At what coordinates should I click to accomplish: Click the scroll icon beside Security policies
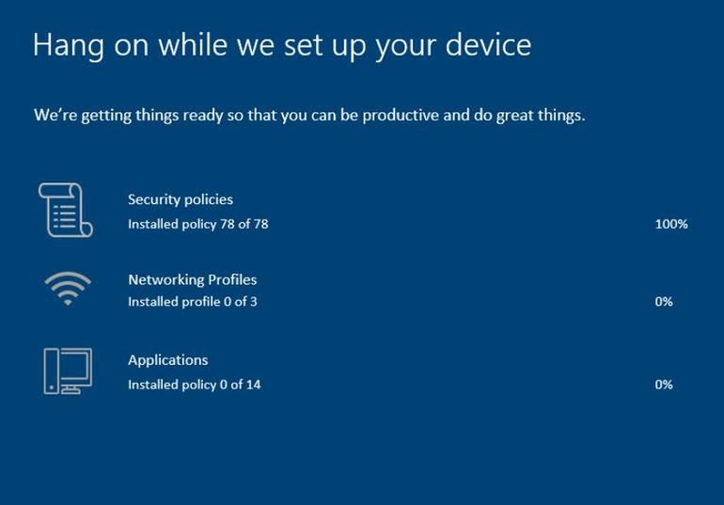66,210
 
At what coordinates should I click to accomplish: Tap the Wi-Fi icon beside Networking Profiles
68,289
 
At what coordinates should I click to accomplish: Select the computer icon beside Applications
68,371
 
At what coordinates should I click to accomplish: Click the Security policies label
181,199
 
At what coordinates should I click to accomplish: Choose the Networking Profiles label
193,279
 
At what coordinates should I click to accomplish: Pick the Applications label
168,360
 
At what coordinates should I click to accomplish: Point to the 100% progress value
671,224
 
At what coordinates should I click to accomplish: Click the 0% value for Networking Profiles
664,302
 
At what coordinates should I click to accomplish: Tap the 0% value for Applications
664,385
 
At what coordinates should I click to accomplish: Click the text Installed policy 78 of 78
198,225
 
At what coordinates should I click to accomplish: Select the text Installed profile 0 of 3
193,302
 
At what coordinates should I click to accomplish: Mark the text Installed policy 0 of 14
195,385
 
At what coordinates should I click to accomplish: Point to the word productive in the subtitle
400,115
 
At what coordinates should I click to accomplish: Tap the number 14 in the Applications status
254,385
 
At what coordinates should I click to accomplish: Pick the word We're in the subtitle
55,115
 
